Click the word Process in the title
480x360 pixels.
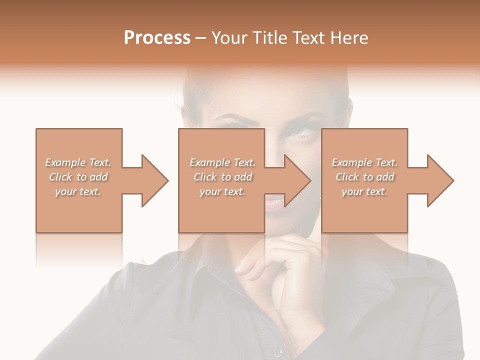pyautogui.click(x=157, y=37)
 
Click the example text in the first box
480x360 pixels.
pyautogui.click(x=78, y=177)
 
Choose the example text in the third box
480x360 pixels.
pyautogui.click(x=364, y=177)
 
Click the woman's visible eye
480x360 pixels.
pyautogui.click(x=302, y=131)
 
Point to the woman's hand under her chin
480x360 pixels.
pyautogui.click(x=280, y=265)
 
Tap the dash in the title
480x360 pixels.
pyautogui.click(x=201, y=38)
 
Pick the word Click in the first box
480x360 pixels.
pyautogui.click(x=60, y=177)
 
